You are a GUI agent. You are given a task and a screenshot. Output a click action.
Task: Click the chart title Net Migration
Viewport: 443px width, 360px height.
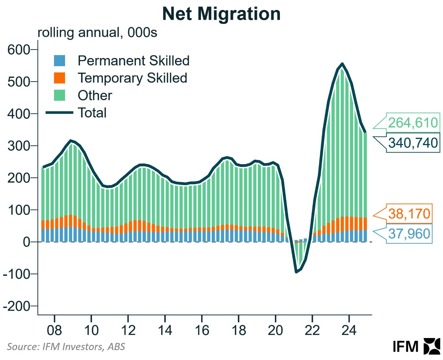[221, 14]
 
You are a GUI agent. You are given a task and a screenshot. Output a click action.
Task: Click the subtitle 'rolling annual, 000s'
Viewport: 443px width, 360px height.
[97, 33]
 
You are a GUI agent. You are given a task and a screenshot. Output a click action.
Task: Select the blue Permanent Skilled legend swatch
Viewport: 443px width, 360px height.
[60, 60]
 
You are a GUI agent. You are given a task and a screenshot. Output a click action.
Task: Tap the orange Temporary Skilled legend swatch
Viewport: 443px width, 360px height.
[60, 78]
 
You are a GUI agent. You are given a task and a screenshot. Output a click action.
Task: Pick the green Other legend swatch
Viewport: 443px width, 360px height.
[60, 95]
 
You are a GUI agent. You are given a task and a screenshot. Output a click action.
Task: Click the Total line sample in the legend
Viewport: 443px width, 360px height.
[60, 113]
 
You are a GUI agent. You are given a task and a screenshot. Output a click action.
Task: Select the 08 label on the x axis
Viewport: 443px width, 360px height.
[54, 331]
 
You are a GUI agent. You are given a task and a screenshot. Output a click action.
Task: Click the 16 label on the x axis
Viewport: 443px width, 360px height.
[202, 331]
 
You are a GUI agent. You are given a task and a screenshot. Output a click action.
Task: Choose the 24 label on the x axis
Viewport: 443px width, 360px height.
[349, 331]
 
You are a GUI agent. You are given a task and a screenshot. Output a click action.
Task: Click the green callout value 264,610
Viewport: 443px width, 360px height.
[413, 123]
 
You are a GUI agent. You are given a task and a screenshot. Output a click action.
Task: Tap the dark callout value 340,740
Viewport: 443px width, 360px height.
[413, 143]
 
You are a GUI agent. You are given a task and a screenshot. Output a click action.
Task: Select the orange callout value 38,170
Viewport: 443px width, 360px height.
[409, 214]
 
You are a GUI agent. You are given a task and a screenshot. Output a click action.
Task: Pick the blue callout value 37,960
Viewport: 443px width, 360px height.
[409, 234]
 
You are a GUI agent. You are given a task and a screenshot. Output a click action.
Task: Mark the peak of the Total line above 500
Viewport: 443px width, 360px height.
[342, 64]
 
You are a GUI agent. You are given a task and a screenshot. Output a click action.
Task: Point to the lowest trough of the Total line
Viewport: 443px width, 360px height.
[296, 272]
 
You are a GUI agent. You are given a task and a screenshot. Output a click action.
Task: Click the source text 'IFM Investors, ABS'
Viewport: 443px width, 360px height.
[83, 346]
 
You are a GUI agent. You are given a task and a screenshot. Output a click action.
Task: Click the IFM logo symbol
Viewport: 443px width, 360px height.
[432, 346]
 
